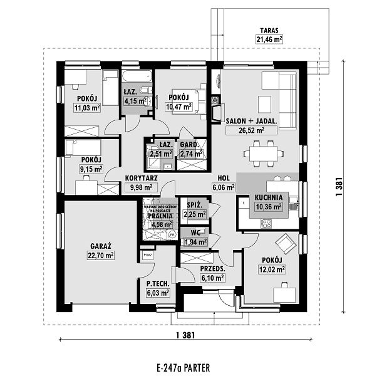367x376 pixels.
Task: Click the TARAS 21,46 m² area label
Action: point(268,35)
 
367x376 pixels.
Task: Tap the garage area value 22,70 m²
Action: point(100,255)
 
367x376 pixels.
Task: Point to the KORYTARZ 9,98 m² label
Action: point(140,182)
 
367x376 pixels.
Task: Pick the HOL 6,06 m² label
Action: point(223,182)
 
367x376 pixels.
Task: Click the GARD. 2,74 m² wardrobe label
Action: point(191,149)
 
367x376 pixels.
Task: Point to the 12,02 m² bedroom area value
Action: point(272,269)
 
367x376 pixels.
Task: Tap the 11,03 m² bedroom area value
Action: point(86,108)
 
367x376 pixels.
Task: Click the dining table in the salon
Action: point(262,151)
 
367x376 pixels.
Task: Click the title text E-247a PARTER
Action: point(183,367)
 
